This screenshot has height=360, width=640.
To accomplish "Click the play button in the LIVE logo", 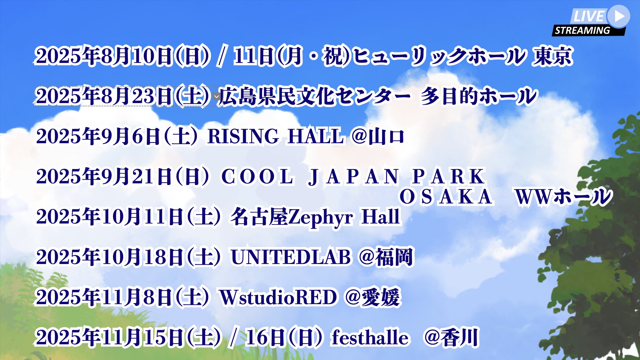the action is click(619, 16).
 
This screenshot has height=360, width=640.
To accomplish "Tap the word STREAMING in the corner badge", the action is click(582, 30).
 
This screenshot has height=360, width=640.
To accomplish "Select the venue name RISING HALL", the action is click(276, 136).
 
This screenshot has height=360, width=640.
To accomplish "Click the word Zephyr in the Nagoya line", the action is click(320, 217).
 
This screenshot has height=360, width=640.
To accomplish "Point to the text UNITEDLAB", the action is click(291, 257).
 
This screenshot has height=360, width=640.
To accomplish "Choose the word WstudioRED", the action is click(278, 297).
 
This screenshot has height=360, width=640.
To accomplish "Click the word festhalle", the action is click(370, 337).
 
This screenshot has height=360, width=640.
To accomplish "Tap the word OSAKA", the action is click(446, 197).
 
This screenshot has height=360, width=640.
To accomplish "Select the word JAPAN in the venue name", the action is click(353, 176).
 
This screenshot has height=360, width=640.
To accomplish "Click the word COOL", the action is click(257, 176).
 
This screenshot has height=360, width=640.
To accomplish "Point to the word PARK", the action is click(448, 176).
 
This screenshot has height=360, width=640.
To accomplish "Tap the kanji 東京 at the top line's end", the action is click(552, 56).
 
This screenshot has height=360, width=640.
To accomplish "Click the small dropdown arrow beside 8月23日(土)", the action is click(216, 97).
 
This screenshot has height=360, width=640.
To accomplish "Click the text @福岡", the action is click(386, 257).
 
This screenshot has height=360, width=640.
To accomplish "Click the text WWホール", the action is click(563, 197).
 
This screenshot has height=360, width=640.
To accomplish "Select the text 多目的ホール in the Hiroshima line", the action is click(479, 96).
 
